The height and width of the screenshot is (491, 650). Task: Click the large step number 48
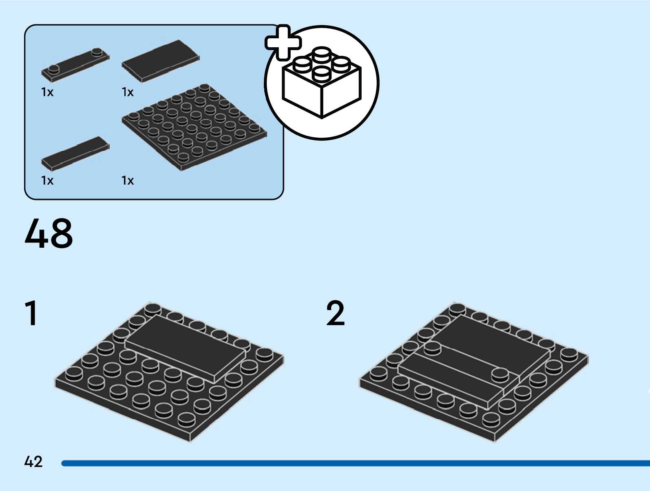coord(49,233)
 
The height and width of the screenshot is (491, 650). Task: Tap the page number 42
coord(33,462)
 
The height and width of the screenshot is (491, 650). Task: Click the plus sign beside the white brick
coord(283,42)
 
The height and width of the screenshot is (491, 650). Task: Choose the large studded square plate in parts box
coord(195,127)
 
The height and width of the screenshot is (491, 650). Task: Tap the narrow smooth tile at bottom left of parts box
coord(75,153)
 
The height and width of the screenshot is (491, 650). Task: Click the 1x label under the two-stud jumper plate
coord(47,92)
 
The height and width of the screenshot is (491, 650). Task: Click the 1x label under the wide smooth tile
coord(128,92)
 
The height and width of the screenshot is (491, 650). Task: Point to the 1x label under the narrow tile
coord(47,181)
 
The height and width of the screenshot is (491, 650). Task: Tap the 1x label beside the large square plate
coord(128,181)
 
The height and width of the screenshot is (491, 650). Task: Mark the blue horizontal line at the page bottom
coord(355,463)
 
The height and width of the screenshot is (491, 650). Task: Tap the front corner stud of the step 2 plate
coord(491,419)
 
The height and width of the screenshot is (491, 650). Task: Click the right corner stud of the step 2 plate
coord(569,354)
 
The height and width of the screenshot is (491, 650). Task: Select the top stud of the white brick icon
coord(322,53)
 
